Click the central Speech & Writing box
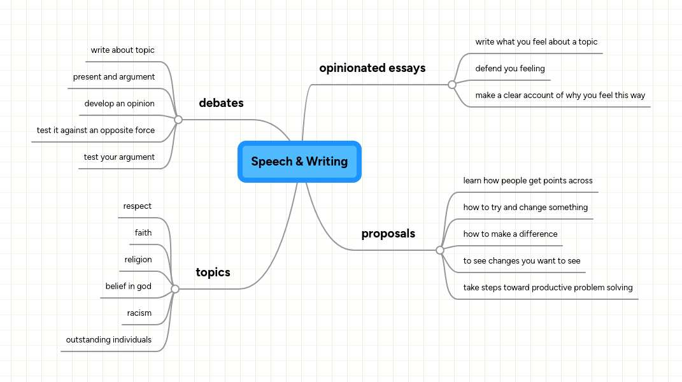pos(299,162)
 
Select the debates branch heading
pos(221,103)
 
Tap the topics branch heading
pos(213,272)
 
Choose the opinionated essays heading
pos(372,68)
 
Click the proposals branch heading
pos(388,234)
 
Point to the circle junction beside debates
pos(178,119)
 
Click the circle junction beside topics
pos(175,289)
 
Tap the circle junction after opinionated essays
pos(452,84)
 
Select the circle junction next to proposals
pos(440,250)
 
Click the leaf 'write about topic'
pos(122,50)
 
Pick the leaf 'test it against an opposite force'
pos(96,131)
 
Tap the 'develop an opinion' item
pos(119,104)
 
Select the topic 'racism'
pos(139,313)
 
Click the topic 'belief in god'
pos(128,286)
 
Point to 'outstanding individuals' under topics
pos(108,340)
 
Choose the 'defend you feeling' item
pos(510,69)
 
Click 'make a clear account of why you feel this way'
pos(560,95)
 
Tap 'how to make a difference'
pos(510,234)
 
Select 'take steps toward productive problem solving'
pos(548,288)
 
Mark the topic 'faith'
pos(143,233)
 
